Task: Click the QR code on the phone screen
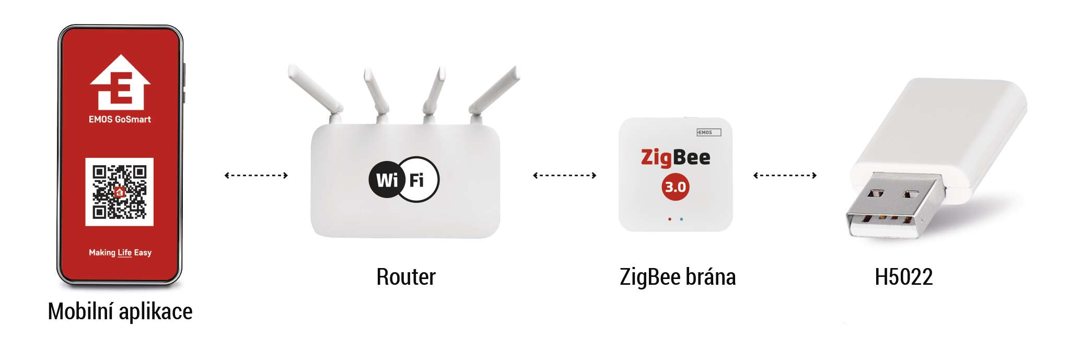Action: pos(119,192)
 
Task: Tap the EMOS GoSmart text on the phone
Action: pos(120,119)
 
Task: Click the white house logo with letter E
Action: pos(120,82)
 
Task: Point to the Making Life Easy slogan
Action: pos(120,252)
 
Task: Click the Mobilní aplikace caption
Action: pos(120,311)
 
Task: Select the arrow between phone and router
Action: pos(256,175)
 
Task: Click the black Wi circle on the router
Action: pos(387,180)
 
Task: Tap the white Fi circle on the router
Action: pos(420,180)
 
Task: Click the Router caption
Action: pos(406,277)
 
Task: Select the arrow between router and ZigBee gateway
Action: pos(564,175)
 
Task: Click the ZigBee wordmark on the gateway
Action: pos(676,157)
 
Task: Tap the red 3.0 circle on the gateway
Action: pos(676,187)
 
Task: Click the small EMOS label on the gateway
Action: pos(708,132)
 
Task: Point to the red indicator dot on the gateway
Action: pos(670,219)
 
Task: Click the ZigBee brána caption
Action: pos(678,277)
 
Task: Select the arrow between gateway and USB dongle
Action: pos(785,175)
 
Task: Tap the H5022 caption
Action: pos(904,277)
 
